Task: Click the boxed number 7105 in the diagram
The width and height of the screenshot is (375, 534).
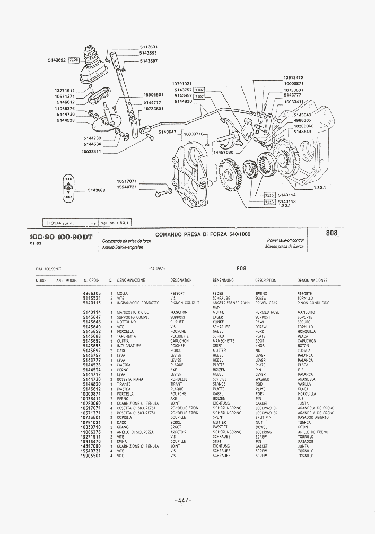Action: pyautogui.click(x=74, y=60)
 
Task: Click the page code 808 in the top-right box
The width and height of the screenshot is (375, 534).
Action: pyautogui.click(x=332, y=233)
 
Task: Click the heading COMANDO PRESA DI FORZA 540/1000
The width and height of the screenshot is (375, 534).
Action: pyautogui.click(x=203, y=234)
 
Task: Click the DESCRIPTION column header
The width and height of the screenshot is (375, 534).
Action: pyautogui.click(x=265, y=280)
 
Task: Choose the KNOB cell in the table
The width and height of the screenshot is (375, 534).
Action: pyautogui.click(x=260, y=346)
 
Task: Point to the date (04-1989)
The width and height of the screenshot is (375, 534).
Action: pyautogui.click(x=157, y=269)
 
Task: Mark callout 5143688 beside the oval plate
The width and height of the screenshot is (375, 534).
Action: pyautogui.click(x=98, y=190)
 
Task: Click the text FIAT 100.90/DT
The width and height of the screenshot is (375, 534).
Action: pyautogui.click(x=48, y=269)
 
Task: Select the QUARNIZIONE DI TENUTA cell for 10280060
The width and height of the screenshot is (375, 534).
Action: pyautogui.click(x=137, y=403)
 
